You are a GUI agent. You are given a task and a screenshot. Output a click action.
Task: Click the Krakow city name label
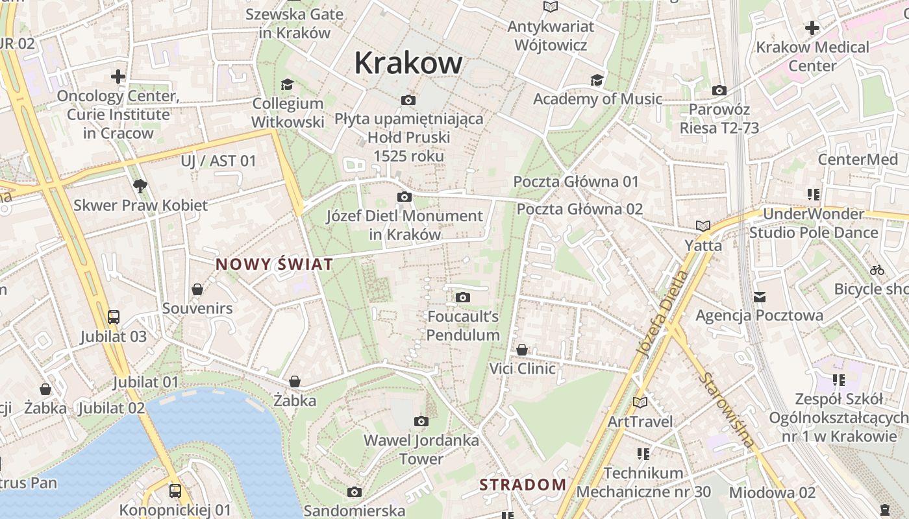[408, 63]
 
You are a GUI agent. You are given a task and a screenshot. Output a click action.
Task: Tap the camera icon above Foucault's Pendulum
[463, 298]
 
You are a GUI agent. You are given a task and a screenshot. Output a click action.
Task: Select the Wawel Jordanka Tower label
[421, 449]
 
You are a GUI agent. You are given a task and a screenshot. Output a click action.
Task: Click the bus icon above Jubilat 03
[114, 317]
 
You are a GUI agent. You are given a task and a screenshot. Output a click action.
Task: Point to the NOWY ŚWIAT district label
[274, 264]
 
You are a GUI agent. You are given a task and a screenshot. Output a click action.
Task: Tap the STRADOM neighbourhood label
[523, 484]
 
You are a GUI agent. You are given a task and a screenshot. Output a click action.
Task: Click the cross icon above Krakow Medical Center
[812, 28]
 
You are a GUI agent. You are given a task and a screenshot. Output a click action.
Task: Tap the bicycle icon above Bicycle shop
[877, 270]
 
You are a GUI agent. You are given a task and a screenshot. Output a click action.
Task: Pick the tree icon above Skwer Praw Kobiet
[140, 187]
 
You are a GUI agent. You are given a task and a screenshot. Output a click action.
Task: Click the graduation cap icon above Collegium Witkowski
[287, 84]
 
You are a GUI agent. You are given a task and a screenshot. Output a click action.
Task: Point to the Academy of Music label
[597, 99]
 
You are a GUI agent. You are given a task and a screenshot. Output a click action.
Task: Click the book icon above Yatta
[703, 226]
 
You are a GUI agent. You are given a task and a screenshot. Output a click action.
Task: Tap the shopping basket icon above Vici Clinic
[522, 350]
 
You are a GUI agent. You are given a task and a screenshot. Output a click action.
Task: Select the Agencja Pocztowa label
[759, 315]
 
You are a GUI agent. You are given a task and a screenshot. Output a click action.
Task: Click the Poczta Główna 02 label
[579, 209]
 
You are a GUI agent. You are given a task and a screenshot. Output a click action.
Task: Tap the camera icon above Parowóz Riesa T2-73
[719, 91]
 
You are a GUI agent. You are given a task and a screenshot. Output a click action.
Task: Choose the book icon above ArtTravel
[640, 402]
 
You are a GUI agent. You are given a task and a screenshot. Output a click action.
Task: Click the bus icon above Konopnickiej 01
[175, 491]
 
